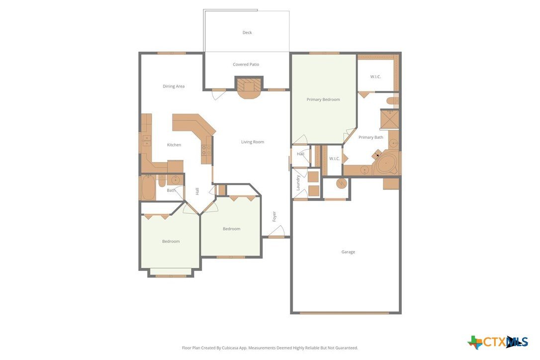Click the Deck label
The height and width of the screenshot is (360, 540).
[247, 33]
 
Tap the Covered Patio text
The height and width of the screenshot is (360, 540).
[246, 65]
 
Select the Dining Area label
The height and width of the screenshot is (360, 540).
[174, 87]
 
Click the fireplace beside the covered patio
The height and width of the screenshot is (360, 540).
[249, 88]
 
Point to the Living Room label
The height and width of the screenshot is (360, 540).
[253, 142]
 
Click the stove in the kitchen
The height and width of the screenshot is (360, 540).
[206, 150]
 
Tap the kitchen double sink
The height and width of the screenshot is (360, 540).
[147, 141]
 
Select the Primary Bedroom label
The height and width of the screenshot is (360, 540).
[323, 99]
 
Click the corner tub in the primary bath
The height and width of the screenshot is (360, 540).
[386, 165]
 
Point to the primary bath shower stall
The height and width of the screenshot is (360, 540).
[389, 119]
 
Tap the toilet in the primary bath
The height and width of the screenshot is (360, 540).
[393, 100]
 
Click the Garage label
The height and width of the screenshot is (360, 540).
[348, 252]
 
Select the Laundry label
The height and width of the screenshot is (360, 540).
[298, 182]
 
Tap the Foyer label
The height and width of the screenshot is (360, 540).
[274, 216]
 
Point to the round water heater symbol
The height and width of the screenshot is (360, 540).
[342, 183]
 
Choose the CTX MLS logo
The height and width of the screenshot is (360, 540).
[498, 342]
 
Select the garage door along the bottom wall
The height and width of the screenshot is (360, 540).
[345, 313]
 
